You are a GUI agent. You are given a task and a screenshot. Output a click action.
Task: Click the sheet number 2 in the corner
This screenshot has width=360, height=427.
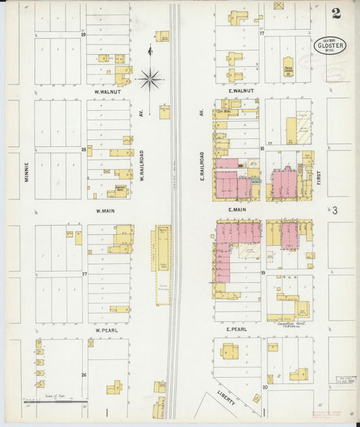tap(336, 14)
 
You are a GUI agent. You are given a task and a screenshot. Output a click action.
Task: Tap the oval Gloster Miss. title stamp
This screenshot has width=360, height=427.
tap(329, 45)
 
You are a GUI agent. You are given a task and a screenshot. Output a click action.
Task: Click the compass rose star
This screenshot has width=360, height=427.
tap(149, 79)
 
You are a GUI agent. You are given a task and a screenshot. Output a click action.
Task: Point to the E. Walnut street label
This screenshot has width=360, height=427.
tap(240, 90)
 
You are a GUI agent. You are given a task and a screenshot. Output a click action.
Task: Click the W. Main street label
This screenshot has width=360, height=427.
tap(107, 211)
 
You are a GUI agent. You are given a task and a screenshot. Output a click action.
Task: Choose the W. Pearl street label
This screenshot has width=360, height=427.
tap(107, 330)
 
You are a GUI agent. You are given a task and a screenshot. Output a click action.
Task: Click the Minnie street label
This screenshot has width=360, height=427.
tap(26, 169)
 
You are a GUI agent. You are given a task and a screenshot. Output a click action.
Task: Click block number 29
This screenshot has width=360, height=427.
tap(84, 34)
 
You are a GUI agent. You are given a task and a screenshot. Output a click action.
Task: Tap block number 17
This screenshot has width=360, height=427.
tap(261, 32)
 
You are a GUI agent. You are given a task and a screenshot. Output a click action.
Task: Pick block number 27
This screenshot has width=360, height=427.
tap(84, 274)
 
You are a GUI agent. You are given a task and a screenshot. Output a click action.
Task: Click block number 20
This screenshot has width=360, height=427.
tap(265, 387)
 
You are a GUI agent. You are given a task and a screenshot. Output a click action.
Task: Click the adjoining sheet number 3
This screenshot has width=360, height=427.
tap(334, 211)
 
